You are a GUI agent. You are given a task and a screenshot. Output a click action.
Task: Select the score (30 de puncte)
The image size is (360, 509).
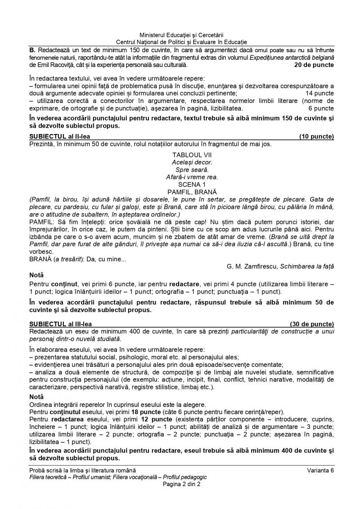pyautogui.click(x=311, y=324)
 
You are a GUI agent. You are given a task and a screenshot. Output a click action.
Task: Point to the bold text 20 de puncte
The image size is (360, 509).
pyautogui.click(x=314, y=65)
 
